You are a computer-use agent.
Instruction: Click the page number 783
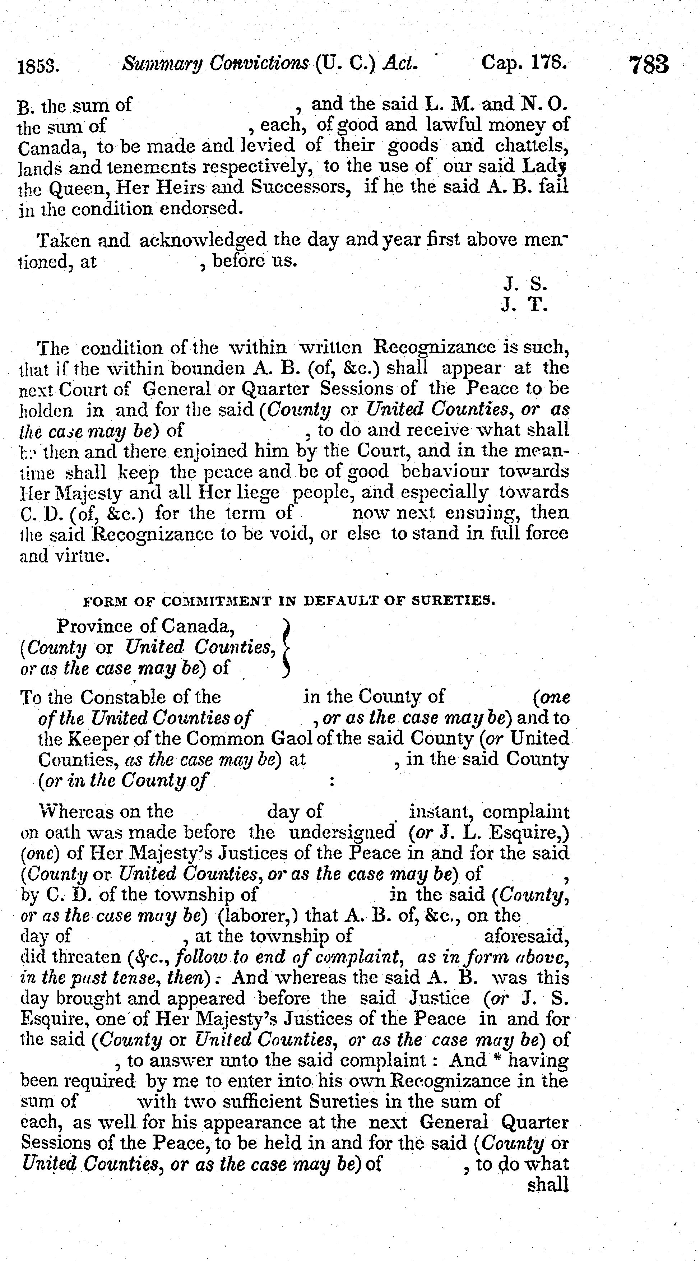point(649,64)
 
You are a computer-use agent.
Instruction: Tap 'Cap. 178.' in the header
point(524,62)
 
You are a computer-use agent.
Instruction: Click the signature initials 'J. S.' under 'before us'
point(525,284)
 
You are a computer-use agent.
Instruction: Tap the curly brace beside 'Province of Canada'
point(287,647)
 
